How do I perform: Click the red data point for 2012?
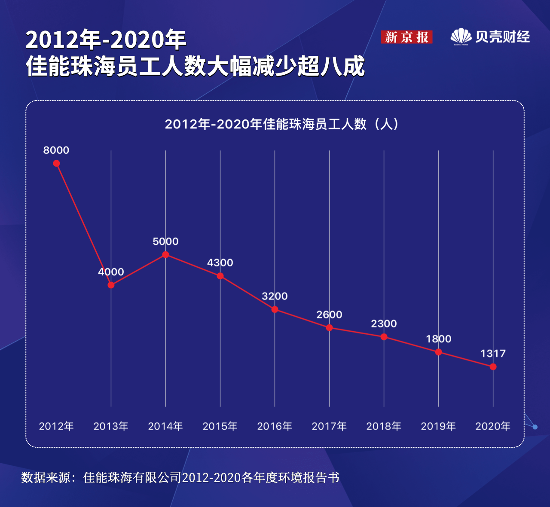56,163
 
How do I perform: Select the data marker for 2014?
165,255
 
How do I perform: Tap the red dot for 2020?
493,367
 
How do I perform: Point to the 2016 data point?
275,309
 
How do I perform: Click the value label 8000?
56,150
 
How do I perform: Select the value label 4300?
220,263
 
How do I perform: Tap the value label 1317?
493,354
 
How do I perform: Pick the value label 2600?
329,315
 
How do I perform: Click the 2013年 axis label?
111,426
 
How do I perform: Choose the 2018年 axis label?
384,426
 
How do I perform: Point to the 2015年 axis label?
220,426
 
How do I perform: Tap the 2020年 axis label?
493,426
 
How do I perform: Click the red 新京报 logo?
406,37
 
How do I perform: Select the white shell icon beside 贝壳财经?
461,37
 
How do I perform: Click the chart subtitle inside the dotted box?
282,124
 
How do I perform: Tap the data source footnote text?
180,477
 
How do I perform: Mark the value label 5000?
165,241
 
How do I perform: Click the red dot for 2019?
438,352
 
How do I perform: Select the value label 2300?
384,324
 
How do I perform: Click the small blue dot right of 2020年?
535,427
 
